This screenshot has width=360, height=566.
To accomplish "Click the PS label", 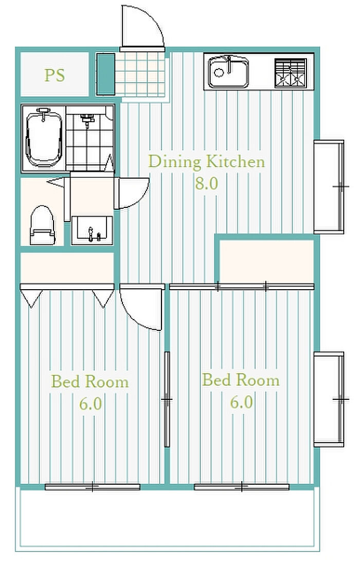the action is tap(55, 75).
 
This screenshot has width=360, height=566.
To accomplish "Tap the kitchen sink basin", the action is tap(228, 72).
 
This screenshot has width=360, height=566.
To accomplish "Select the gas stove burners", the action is tap(291, 73).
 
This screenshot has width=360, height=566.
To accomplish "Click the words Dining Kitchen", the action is tap(206, 162).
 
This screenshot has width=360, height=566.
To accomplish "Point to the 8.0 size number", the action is tap(206, 183).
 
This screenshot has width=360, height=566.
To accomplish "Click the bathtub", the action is tap(44, 138).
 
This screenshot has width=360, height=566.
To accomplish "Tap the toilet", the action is tap(42, 225).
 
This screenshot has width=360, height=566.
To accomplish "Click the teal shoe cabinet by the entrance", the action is tap(106, 74).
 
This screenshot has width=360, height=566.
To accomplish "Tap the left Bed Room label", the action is tap(90, 382).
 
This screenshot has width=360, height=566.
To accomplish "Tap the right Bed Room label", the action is tap(241, 380).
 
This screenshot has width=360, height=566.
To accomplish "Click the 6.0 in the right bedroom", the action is tap(241, 402).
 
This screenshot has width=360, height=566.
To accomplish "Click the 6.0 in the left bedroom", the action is tap(91, 403).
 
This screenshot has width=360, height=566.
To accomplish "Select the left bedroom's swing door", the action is tap(141, 307).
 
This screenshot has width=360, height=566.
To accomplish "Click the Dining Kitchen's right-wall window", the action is tap(329, 187).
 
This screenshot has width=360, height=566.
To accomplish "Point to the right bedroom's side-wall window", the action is tap(329, 399).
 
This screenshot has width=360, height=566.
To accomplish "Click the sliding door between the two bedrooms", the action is tap(167, 399).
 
